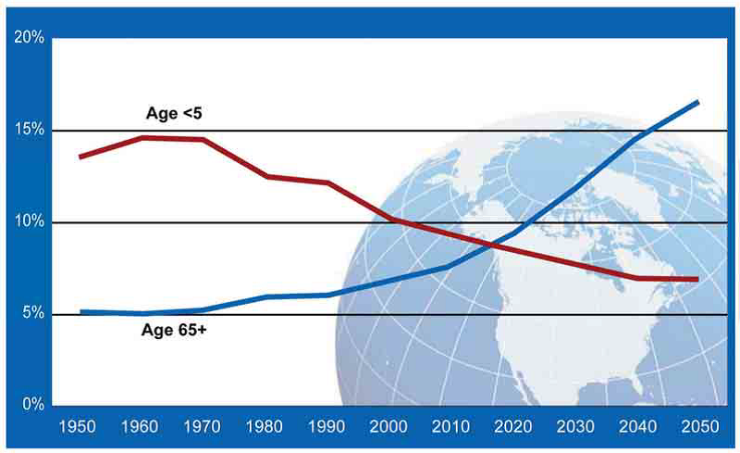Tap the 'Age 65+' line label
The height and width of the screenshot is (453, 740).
174,330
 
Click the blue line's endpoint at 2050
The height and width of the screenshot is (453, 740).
697,102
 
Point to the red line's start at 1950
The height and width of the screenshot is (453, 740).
80,157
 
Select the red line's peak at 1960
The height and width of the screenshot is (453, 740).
142,137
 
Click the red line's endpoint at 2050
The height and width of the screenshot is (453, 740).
697,279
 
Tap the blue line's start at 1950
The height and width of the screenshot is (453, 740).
80,312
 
